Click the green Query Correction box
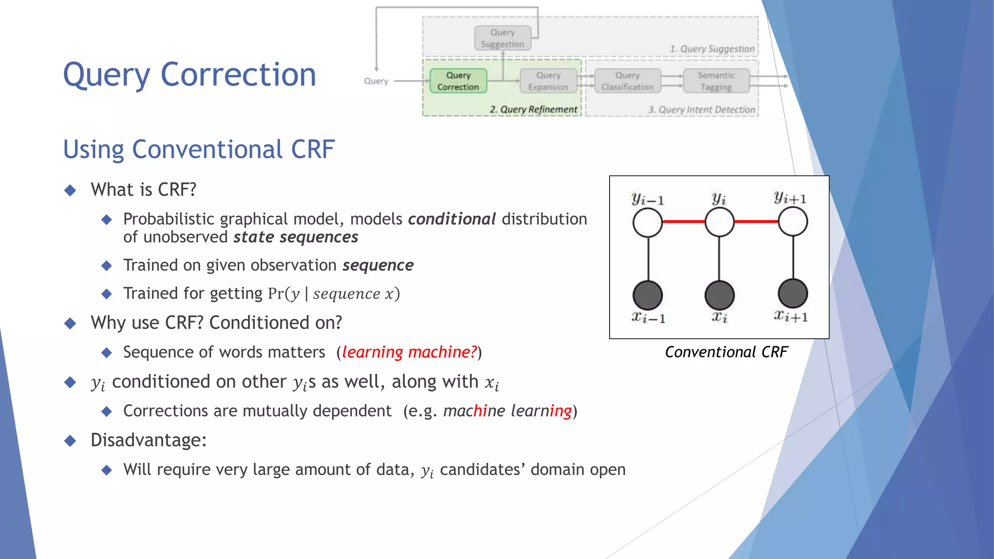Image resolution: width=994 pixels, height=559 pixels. (458, 81)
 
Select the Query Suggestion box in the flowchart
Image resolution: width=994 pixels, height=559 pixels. (502, 38)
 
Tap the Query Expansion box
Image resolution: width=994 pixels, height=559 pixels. (548, 81)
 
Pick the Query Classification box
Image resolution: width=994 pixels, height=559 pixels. (627, 81)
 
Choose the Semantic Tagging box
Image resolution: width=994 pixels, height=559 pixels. (716, 81)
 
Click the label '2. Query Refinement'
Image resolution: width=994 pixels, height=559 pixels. (533, 109)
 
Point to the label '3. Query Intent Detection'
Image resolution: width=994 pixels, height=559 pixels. (702, 110)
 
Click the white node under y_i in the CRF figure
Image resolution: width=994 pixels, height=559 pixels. (719, 222)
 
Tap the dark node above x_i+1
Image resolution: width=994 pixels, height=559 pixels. (792, 294)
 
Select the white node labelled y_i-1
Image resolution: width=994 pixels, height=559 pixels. (647, 222)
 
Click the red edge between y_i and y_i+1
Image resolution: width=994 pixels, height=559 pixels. (756, 222)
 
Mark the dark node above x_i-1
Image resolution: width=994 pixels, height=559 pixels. (647, 295)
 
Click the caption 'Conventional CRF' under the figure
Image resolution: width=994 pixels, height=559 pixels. (726, 352)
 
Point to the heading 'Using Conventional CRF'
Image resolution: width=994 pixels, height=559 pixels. (199, 149)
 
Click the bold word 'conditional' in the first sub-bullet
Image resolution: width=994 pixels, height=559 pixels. (451, 219)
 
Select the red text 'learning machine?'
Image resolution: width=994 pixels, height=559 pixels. (410, 352)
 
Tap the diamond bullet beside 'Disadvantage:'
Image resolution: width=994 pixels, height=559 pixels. (70, 441)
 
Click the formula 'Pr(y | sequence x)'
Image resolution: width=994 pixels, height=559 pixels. (334, 294)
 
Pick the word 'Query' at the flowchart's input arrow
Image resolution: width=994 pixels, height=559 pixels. (376, 81)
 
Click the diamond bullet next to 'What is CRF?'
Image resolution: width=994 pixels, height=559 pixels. (70, 190)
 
